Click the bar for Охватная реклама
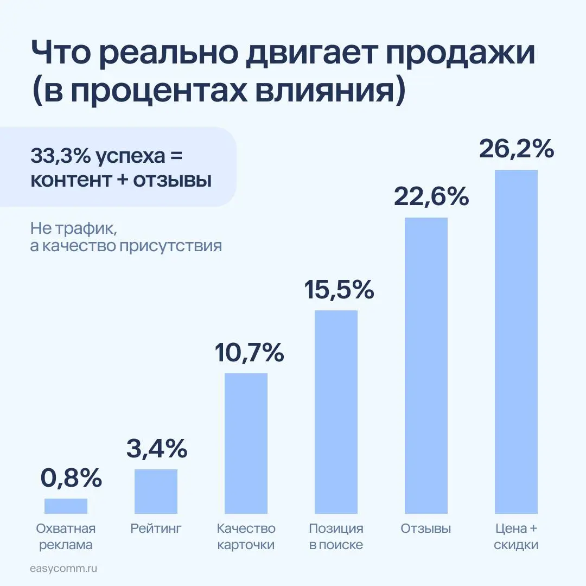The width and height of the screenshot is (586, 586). click(66, 506)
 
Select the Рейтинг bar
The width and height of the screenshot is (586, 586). click(156, 491)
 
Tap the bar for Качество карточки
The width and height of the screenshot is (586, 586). click(246, 443)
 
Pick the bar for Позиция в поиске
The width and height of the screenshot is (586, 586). click(336, 412)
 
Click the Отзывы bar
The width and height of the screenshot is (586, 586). click(426, 365)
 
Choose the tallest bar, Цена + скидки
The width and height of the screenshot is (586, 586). click(516, 341)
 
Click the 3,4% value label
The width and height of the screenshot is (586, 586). click(157, 449)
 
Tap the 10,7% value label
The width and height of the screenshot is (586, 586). click(249, 353)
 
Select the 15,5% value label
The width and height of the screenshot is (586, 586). click(339, 290)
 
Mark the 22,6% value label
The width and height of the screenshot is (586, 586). click(431, 197)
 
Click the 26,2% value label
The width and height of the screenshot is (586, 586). click(516, 149)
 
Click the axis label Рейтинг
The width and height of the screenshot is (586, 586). click(156, 528)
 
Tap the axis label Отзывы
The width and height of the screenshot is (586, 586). click(426, 528)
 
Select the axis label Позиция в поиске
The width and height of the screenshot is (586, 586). click(336, 537)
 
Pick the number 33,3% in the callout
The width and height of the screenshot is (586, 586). click(60, 156)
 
